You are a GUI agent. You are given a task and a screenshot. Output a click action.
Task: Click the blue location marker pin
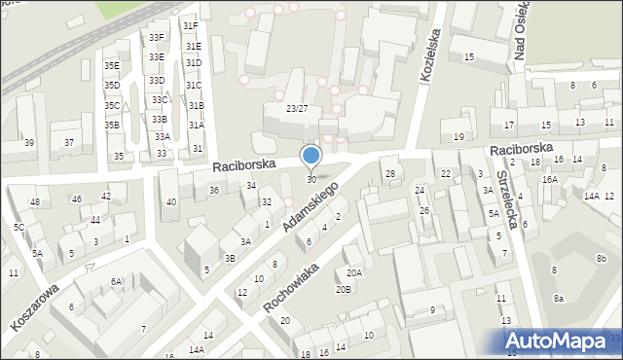tap(311, 156)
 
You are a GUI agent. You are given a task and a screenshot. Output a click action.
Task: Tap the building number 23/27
tap(297, 109)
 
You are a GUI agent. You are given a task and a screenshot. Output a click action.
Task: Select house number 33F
tap(156, 38)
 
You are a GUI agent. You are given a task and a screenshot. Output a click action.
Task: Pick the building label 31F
tap(191, 26)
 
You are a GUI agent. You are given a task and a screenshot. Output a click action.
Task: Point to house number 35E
tap(112, 66)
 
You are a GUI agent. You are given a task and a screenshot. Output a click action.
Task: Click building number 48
tap(35, 202)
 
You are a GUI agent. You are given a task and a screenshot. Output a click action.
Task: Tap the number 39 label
tap(29, 143)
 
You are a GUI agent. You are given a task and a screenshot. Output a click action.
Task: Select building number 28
tap(390, 174)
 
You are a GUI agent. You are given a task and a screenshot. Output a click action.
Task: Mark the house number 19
tap(458, 137)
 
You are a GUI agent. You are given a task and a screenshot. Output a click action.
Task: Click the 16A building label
tap(550, 180)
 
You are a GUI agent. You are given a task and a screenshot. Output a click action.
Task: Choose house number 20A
tap(353, 273)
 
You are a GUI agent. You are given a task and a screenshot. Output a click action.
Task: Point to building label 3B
tap(230, 258)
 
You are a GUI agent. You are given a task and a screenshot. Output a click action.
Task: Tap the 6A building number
tap(116, 281)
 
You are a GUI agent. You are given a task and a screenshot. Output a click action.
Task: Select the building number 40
tap(171, 202)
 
